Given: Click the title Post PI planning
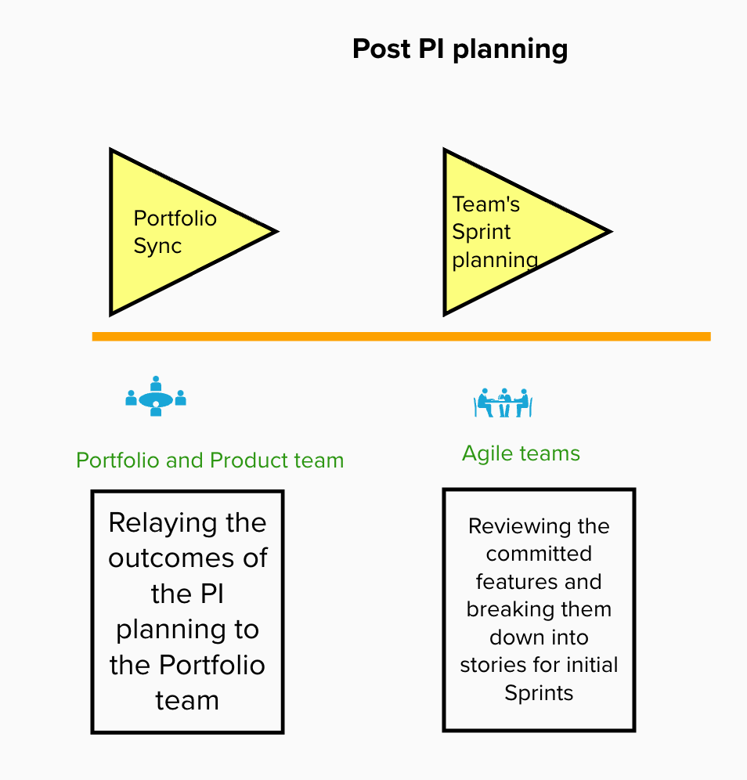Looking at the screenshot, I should click(460, 49).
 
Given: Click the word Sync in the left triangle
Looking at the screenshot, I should click(157, 246).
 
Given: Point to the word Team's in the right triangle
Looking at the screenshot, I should click(486, 204).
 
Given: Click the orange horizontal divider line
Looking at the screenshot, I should click(401, 337).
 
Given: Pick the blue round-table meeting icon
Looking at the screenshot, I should click(156, 396).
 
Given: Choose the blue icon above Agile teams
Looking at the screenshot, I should click(503, 403).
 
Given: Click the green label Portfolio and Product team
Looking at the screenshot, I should click(210, 460).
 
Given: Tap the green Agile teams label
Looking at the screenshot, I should click(521, 453).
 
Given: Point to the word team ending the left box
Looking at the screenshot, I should click(187, 700).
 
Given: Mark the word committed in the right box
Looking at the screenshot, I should click(539, 554).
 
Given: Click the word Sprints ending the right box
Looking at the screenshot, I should click(539, 693).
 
